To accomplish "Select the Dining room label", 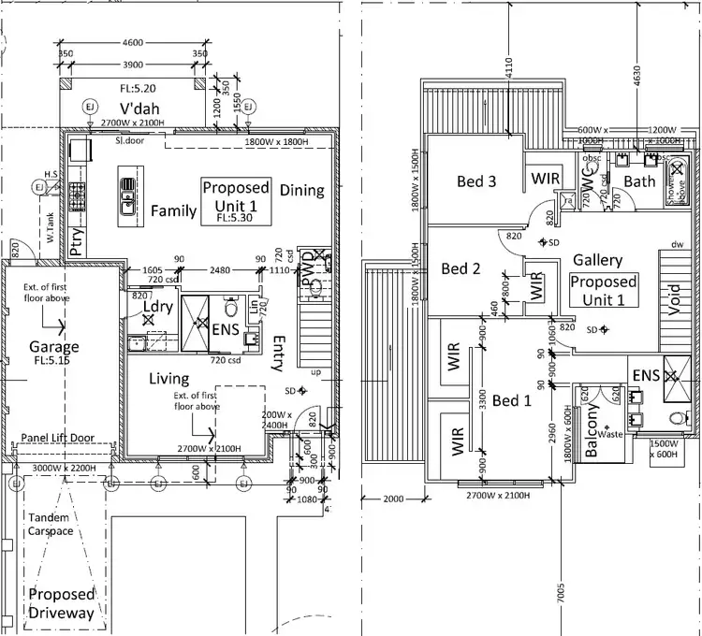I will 301,190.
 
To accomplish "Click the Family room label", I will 174,210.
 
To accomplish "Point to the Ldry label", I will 156,307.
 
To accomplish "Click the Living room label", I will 169,378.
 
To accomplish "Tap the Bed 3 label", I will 476,181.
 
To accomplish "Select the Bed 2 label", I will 461,268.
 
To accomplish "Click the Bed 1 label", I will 511,400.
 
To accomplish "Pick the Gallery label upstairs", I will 598,259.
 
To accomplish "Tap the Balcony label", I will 592,434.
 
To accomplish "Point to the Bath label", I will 640,181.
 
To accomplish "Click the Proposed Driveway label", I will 61,603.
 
